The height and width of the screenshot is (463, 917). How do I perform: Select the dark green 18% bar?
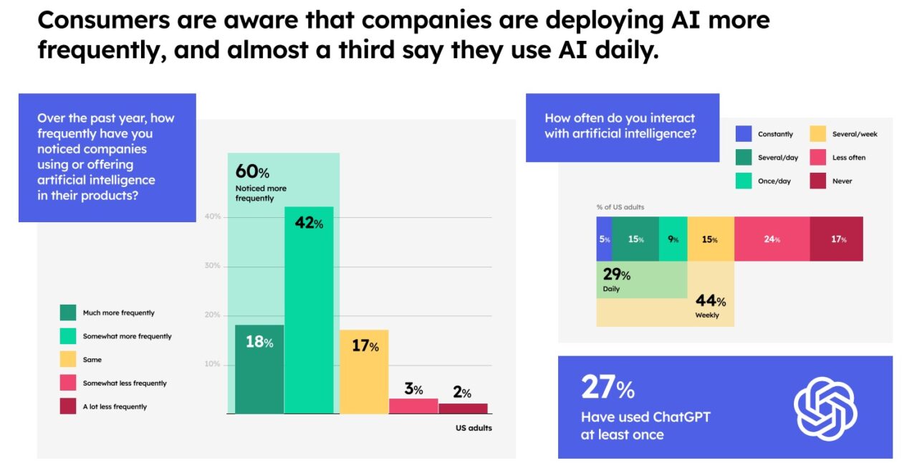coord(259,369)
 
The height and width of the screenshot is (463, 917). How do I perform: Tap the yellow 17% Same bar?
coord(364,371)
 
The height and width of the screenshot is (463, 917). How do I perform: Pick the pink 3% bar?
coord(413,406)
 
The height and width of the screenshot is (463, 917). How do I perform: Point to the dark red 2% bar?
coord(463,408)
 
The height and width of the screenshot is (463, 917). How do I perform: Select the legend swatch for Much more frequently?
coord(68,312)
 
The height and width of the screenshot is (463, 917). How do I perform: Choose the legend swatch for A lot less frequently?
coord(68,406)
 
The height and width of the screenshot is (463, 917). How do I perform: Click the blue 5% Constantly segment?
coord(604,239)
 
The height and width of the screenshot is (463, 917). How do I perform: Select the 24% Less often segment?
coord(772,239)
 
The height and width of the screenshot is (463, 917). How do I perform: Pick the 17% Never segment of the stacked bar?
coord(837,239)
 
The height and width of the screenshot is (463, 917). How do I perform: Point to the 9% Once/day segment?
coord(673,239)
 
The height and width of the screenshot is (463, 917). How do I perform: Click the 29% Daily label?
coord(615,280)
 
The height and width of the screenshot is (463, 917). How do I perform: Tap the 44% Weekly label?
coord(710,306)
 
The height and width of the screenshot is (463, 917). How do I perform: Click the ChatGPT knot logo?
coord(825,409)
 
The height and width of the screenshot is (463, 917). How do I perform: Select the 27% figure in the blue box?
coord(608,388)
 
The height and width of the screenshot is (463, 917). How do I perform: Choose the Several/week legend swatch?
coord(819,134)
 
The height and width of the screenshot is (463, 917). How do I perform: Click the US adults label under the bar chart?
coord(474,428)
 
